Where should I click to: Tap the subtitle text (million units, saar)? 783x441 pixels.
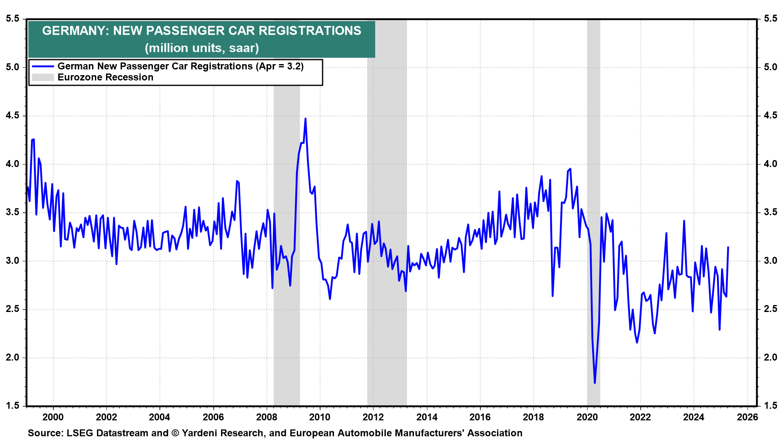click(201, 48)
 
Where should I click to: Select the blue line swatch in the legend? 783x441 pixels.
click(43, 66)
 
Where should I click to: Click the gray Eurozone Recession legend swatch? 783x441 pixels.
click(43, 77)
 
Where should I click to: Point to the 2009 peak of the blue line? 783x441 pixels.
click(305, 119)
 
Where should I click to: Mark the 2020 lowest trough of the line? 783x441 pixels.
click(595, 383)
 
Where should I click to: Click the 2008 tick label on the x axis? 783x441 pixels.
click(266, 417)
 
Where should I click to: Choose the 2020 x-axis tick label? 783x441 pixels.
click(587, 417)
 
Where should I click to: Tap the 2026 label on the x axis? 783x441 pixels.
click(748, 417)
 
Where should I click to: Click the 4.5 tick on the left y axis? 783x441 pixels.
click(12, 116)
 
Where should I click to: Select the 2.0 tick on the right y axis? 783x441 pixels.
click(770, 358)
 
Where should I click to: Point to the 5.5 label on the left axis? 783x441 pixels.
click(12, 19)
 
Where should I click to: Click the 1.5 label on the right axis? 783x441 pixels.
click(770, 405)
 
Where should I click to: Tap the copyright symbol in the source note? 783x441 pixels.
click(175, 433)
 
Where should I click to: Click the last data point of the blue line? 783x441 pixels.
click(728, 247)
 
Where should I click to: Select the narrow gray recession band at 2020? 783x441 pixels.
click(593, 204)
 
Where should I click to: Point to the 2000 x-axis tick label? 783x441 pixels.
click(53, 417)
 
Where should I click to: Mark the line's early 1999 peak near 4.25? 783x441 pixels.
click(33, 140)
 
